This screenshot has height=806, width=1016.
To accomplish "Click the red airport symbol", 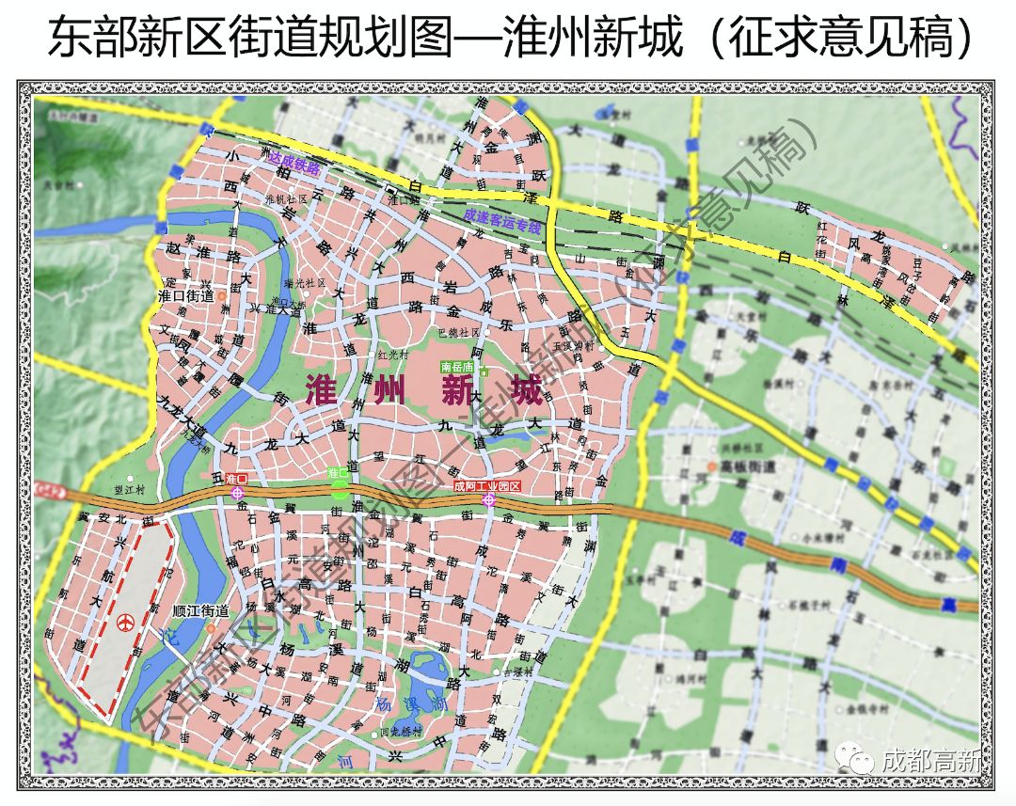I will click(124, 623).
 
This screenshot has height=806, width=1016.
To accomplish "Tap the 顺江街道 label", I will click(201, 610).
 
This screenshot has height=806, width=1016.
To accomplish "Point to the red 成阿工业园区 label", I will click(486, 486).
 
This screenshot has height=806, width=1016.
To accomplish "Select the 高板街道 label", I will click(747, 466).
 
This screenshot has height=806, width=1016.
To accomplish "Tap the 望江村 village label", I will click(124, 490).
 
